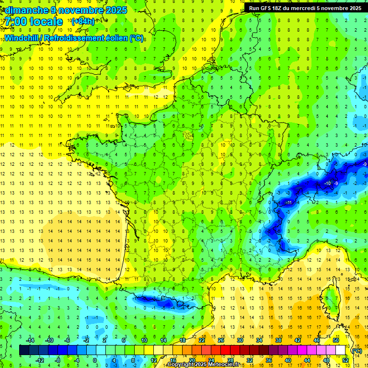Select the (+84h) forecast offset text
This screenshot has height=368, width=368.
point(83,22)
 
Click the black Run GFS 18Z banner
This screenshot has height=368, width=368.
point(305,8)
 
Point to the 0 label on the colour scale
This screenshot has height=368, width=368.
point(94,360)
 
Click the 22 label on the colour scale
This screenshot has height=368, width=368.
point(202,340)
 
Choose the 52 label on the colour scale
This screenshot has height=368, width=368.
point(345,360)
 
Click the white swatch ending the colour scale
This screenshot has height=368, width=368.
point(341,350)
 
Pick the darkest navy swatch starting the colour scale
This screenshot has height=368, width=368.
point(24,350)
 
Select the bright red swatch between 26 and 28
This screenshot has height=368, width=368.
point(226,350)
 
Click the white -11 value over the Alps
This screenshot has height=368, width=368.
point(288,203)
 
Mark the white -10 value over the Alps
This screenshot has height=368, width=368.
point(328,184)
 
